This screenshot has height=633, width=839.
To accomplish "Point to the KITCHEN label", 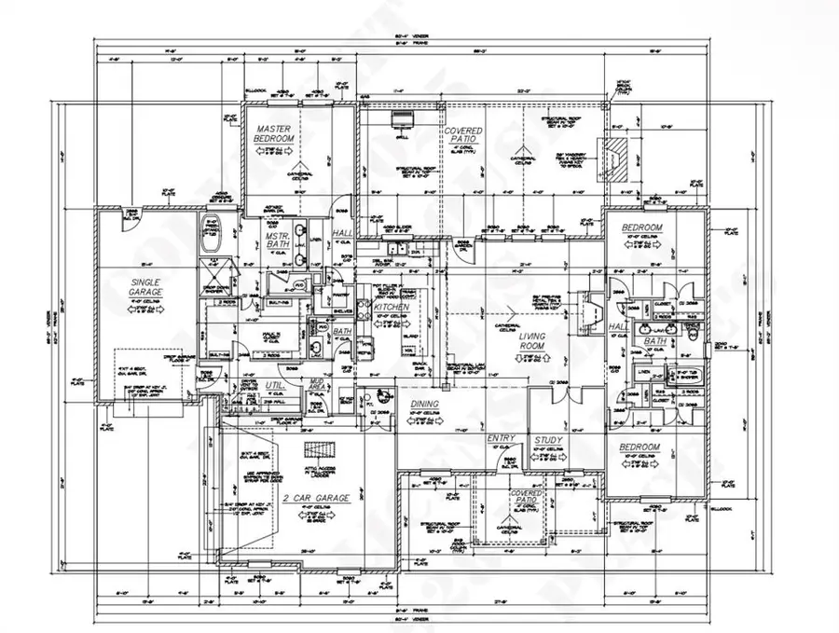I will click(x=392, y=306).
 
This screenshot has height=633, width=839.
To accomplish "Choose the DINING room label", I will click(x=424, y=404).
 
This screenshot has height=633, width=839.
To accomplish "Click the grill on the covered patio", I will click(x=402, y=120).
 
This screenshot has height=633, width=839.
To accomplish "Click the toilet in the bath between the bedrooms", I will click(x=693, y=331).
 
